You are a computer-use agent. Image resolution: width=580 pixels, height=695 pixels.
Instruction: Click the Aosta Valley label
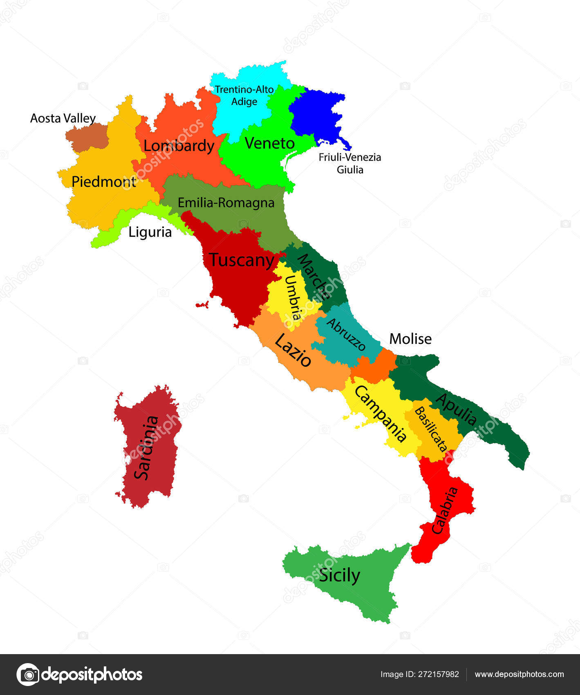tap(63, 119)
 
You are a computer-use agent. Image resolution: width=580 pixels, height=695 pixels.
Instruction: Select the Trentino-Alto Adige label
tap(244, 95)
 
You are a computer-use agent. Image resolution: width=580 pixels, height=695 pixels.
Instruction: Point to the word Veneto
tap(269, 143)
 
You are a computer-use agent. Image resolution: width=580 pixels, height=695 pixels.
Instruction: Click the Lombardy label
tap(179, 146)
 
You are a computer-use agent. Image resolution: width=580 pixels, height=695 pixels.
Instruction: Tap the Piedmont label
tap(103, 182)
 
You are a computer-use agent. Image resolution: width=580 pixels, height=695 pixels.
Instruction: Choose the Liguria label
tap(150, 232)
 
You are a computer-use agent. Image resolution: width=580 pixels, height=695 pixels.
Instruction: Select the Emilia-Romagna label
tap(226, 203)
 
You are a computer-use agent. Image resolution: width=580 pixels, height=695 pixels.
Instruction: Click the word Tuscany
tap(242, 260)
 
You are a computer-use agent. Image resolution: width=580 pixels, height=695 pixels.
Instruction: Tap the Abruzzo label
tap(346, 334)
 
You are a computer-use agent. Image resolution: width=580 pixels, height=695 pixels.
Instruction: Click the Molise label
tap(410, 339)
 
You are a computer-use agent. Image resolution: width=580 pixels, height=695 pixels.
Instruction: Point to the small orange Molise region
tap(374, 366)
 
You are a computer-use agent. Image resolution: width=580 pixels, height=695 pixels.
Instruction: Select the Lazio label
tap(293, 350)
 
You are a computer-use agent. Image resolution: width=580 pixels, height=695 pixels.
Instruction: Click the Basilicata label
tap(430, 429)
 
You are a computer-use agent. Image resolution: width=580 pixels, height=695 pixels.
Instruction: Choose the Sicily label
tap(339, 576)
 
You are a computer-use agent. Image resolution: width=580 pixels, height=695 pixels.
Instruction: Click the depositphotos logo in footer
tap(80, 675)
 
